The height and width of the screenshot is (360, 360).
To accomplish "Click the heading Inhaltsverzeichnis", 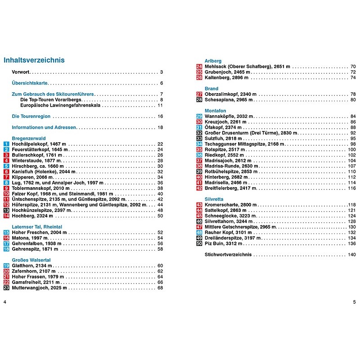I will tap(34, 60).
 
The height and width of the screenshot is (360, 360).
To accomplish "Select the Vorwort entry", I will tap(21, 72).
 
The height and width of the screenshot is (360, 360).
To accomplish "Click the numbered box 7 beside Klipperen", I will tap(6, 177).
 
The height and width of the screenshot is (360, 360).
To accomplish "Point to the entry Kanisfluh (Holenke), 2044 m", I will tap(44, 171).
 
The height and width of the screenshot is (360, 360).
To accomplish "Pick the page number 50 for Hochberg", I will tap(160, 216).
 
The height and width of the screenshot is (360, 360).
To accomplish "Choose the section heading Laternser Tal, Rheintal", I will tap(36, 227).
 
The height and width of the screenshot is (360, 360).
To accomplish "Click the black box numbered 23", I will tap(6, 288).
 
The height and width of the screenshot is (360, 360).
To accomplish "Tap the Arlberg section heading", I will tap(213, 61).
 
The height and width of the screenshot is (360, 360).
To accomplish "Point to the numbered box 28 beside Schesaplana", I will tap(199, 99).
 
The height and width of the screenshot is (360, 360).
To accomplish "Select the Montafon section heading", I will tap(215, 110).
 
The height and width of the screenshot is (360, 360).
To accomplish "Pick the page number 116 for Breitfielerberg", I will tap(351, 188).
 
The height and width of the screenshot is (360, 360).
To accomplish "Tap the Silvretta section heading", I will tap(214, 199).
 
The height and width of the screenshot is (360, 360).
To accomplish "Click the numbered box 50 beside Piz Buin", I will tap(199, 243).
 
